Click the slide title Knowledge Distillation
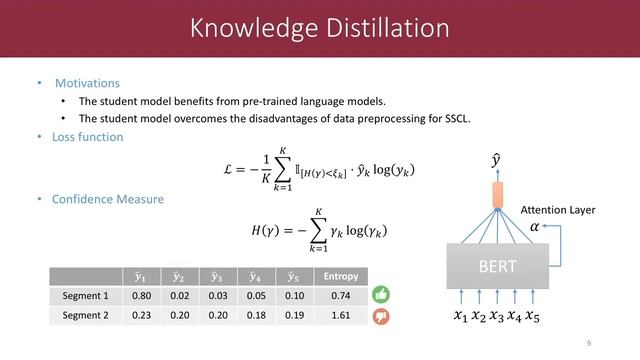click(x=319, y=29)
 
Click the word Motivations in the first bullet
click(x=87, y=83)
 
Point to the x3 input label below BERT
click(x=497, y=319)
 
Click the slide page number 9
click(x=589, y=343)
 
